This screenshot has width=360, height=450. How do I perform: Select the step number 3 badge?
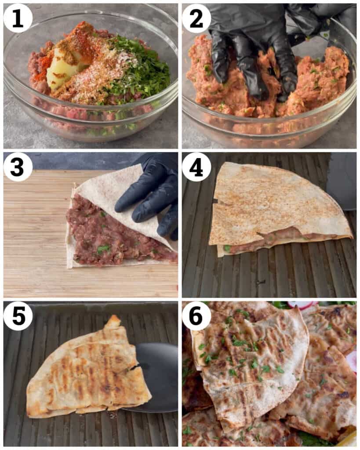(x=18, y=167)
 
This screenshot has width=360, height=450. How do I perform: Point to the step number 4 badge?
(x=196, y=167)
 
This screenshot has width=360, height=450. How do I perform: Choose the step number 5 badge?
(x=18, y=316)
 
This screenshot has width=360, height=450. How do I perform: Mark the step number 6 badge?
(x=196, y=316)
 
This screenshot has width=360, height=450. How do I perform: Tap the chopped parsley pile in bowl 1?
(x=138, y=69)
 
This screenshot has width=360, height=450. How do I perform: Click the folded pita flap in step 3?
(x=120, y=195)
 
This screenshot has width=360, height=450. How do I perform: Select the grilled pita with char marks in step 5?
(x=89, y=370)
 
